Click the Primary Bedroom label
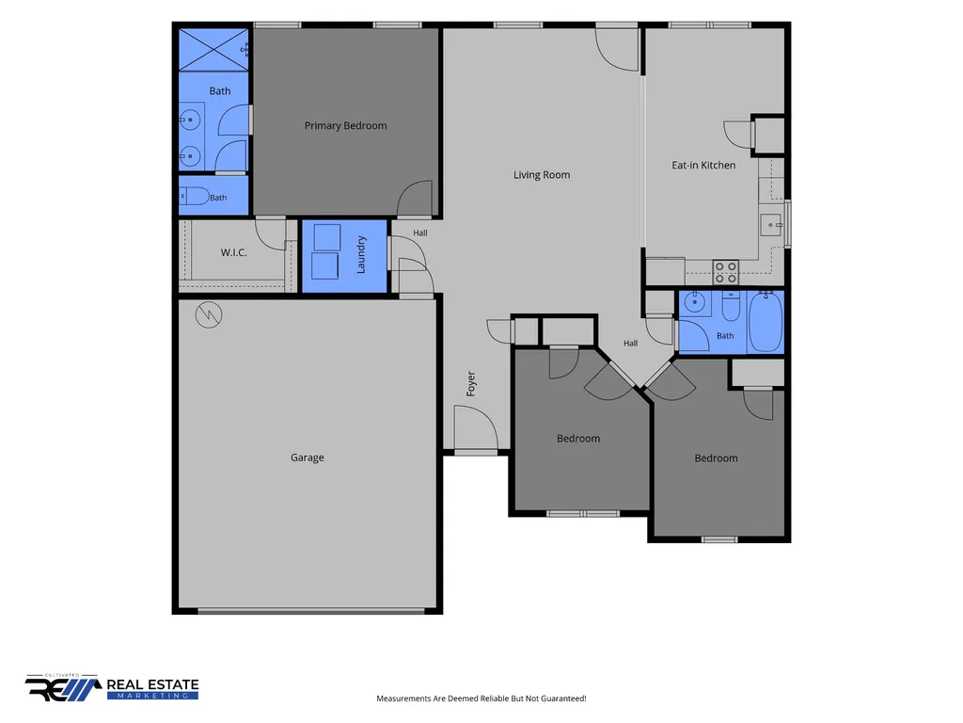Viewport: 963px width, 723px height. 346,125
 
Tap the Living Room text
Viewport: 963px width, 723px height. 542,174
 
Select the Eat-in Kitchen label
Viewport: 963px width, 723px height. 703,165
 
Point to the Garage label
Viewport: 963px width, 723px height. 308,458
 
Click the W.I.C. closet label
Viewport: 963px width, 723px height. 234,252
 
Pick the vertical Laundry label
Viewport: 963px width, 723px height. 361,254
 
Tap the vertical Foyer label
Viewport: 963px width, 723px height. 471,384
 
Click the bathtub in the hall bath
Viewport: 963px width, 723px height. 766,322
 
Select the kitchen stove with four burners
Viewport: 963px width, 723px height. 725,272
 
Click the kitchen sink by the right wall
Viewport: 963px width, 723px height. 771,225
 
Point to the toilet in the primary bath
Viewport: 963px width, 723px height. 195,197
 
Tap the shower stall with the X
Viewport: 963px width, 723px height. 213,49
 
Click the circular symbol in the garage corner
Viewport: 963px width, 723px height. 209,314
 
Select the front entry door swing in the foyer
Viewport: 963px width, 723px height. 475,428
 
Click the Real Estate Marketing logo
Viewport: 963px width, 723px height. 112,687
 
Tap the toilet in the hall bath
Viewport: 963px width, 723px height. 730,307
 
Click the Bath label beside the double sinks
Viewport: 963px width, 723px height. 220,91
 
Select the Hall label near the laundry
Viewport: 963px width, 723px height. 420,233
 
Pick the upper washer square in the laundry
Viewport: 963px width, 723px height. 326,237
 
